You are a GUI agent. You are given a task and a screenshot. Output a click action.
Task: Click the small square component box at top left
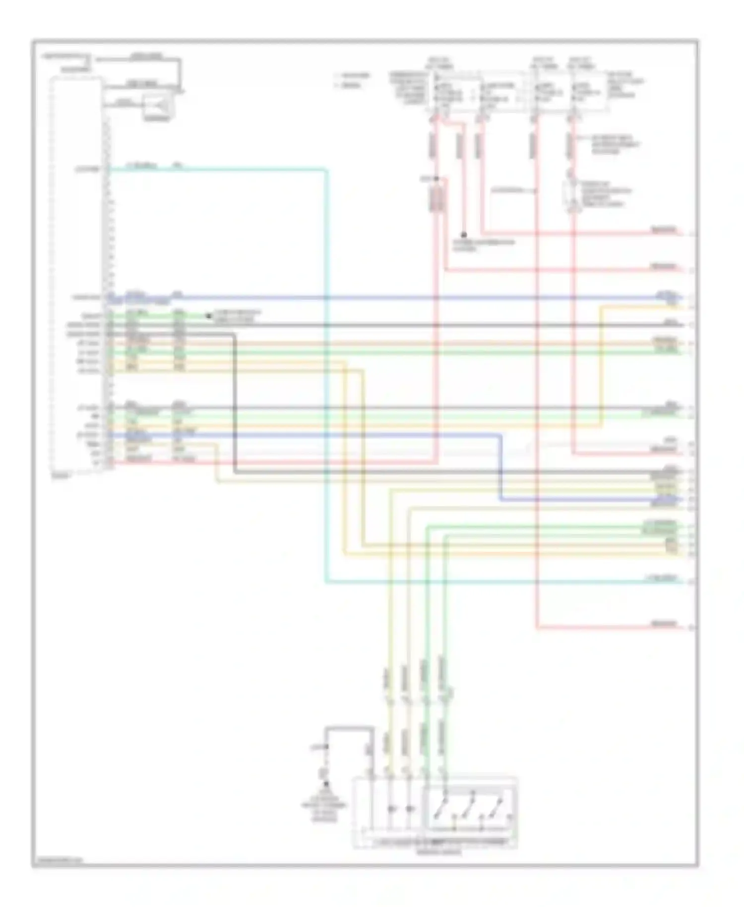click(158, 105)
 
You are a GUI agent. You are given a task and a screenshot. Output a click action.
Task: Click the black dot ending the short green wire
click(208, 316)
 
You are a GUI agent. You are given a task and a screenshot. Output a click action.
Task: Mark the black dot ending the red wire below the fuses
click(464, 235)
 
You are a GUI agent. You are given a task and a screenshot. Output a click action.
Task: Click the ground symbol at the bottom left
click(326, 783)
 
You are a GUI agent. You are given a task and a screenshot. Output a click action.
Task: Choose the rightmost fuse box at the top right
click(588, 92)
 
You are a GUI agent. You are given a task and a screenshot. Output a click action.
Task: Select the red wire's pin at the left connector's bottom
click(110, 462)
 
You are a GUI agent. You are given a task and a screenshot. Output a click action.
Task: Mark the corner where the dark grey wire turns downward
click(234, 335)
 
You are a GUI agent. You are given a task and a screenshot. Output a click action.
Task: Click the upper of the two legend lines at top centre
click(353, 76)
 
